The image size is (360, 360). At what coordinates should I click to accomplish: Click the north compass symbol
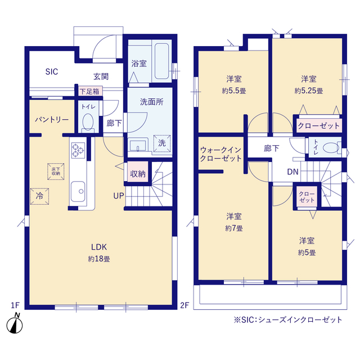pos(15,324)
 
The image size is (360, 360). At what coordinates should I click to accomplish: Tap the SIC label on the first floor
pos(52,71)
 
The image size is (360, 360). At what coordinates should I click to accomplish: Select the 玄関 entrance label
pos(101,76)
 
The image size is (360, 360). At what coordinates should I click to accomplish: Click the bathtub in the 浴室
pos(161,61)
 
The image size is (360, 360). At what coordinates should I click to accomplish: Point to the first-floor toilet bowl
pos(88,122)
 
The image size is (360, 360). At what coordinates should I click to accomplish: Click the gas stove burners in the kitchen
pos(78,150)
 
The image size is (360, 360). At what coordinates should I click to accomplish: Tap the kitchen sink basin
pos(78,191)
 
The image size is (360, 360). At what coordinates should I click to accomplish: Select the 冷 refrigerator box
pos(39,196)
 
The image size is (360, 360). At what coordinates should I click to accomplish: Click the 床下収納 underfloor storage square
pos(56,172)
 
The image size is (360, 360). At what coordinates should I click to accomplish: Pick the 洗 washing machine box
pos(162,143)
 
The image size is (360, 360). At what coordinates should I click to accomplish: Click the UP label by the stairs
pos(119,196)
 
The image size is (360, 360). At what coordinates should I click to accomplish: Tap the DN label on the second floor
pos(292,172)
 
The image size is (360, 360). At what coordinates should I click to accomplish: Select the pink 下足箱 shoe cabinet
pos(89,91)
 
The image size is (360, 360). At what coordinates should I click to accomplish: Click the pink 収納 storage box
pos(138,173)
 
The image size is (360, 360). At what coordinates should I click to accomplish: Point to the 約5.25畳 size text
pos(309,91)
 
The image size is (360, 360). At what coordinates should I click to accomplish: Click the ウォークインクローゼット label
pos(220,154)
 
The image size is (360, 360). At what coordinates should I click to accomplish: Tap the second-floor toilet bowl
pos(331,147)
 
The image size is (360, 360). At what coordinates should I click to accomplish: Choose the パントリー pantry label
pos(52,120)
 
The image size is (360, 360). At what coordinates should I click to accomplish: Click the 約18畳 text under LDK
pos(99,259)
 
